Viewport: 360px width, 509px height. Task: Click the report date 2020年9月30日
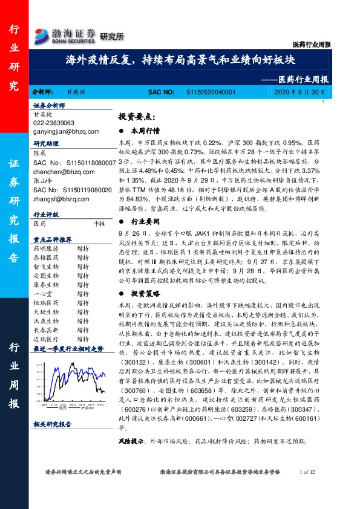pos(300,92)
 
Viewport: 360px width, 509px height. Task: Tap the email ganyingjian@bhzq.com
pos(63,131)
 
